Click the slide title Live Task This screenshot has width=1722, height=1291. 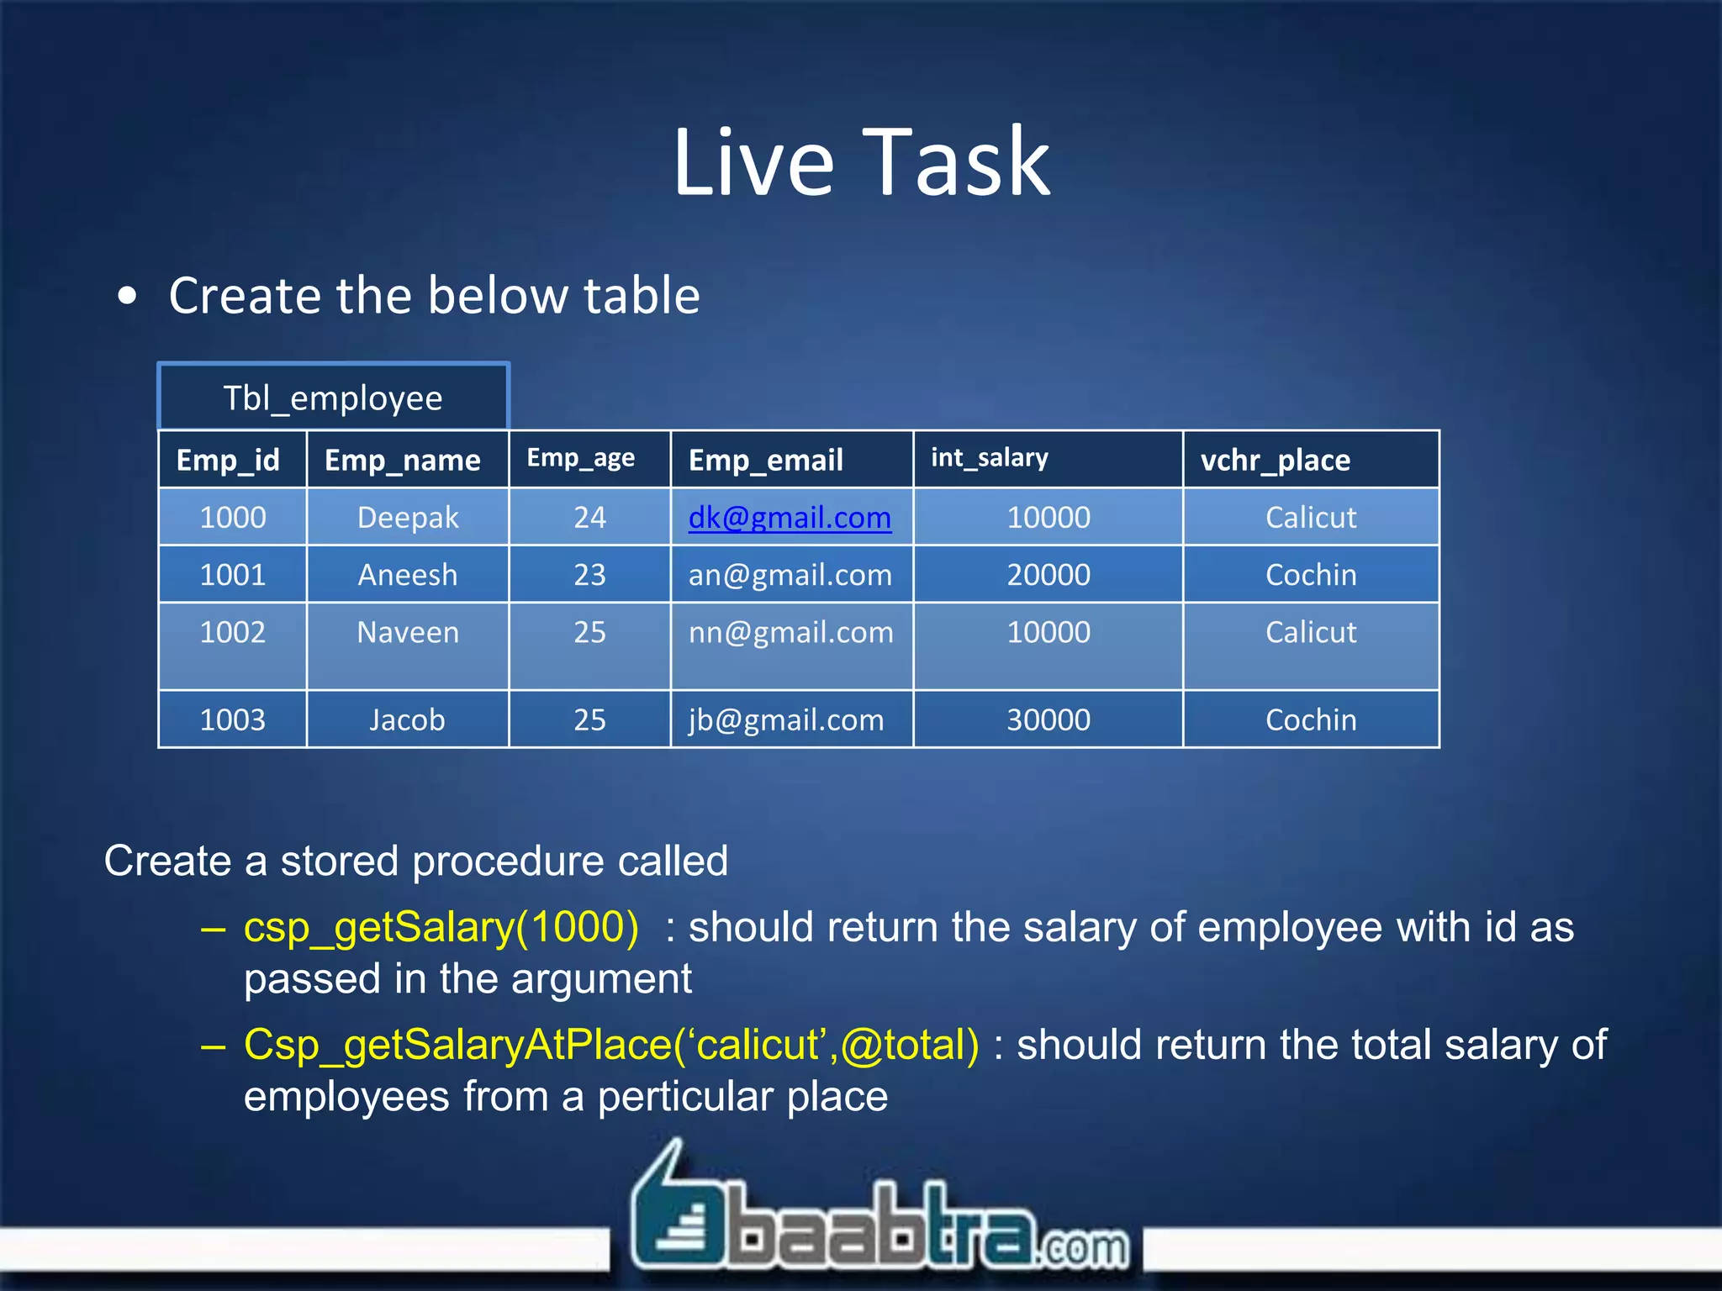pyautogui.click(x=861, y=162)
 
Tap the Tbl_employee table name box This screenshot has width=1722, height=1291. pyautogui.click(x=333, y=398)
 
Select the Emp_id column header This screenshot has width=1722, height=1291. pyautogui.click(x=228, y=460)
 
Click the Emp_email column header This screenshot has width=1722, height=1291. pyautogui.click(x=765, y=460)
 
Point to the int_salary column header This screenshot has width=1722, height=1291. pyautogui.click(x=989, y=458)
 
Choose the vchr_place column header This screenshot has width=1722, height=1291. pyautogui.click(x=1275, y=460)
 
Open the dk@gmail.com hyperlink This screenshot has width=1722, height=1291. pyautogui.click(x=790, y=518)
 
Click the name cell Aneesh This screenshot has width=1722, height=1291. pyautogui.click(x=408, y=575)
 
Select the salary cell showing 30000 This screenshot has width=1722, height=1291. pyautogui.click(x=1049, y=719)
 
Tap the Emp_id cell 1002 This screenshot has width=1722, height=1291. pyautogui.click(x=232, y=632)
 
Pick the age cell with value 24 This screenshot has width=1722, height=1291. pyautogui.click(x=589, y=518)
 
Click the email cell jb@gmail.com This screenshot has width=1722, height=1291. pyautogui.click(x=786, y=720)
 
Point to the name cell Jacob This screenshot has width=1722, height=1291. pyautogui.click(x=407, y=720)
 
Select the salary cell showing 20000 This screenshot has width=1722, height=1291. pyautogui.click(x=1049, y=575)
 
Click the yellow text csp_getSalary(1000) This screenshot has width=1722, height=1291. pyautogui.click(x=441, y=927)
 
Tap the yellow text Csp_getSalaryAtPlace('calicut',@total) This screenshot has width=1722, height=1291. pyautogui.click(x=611, y=1045)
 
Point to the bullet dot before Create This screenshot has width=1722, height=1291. pyautogui.click(x=127, y=296)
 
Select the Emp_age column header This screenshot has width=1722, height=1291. pyautogui.click(x=580, y=458)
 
